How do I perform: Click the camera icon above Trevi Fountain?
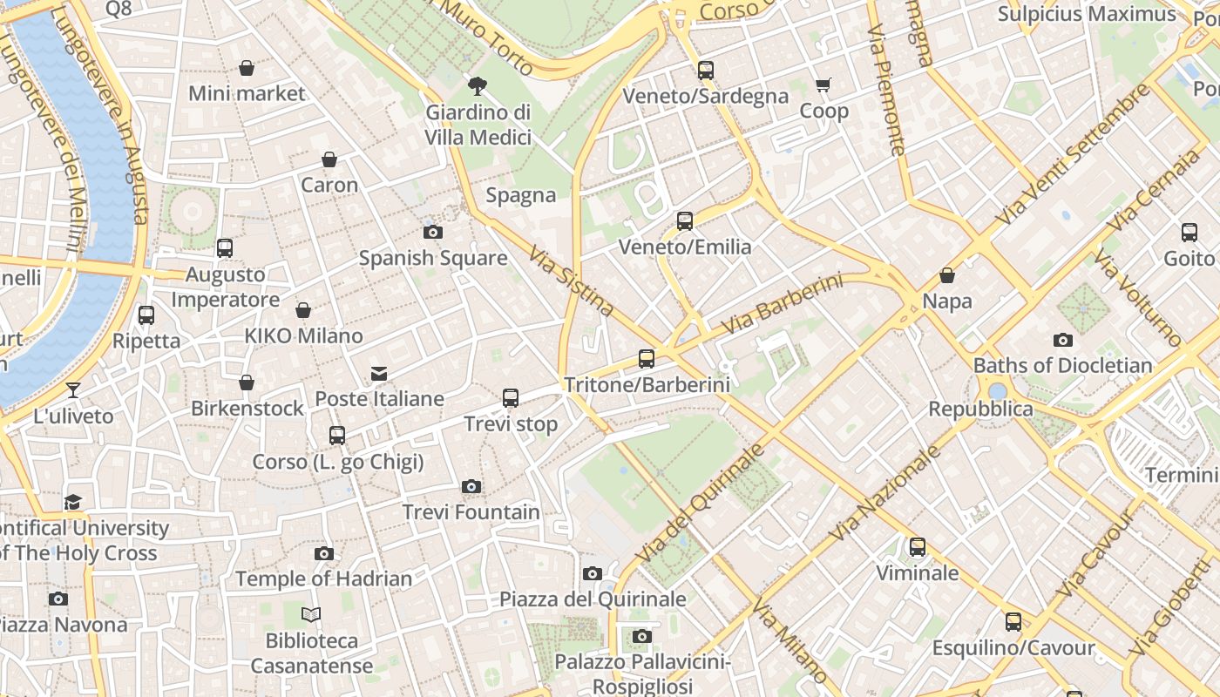pos(471,486)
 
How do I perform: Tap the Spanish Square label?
pos(433,258)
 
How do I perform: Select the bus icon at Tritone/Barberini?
pos(647,358)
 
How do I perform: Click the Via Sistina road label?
pos(572,280)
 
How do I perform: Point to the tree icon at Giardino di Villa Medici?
pos(477,85)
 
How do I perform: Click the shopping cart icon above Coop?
pos(823,85)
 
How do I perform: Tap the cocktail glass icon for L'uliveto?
pos(73,389)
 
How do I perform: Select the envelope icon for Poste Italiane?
pos(379,374)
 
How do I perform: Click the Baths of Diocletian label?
pos(1062,365)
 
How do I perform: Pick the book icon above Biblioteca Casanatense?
pos(311,615)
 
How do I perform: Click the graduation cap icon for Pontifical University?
pos(73,503)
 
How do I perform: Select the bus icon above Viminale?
pos(918,547)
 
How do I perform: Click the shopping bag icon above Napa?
pos(947,276)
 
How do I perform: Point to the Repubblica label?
pos(980,409)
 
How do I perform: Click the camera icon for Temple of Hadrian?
pos(324,553)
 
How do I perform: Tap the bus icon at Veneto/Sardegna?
pos(706,71)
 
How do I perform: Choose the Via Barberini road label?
pos(783,304)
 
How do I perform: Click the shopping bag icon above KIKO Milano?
pos(303,310)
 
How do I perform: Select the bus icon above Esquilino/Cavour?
pos(1013,622)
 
